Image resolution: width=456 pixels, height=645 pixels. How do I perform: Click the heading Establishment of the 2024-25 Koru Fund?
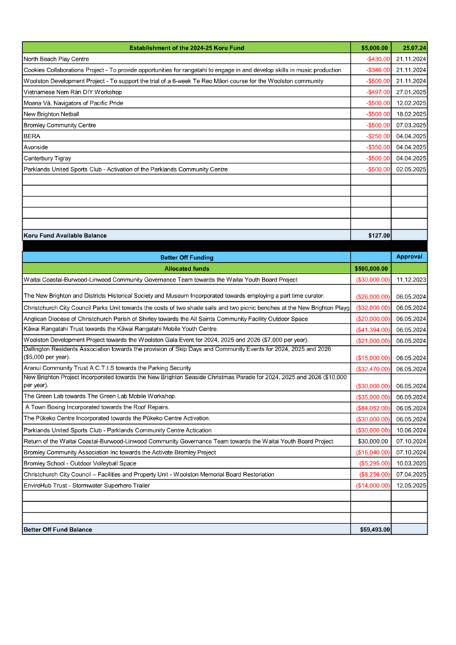(186, 48)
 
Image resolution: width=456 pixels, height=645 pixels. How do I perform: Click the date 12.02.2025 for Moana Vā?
(411, 103)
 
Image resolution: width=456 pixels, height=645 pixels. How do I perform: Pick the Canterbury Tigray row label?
(47, 158)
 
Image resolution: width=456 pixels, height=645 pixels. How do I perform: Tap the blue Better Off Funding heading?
(186, 257)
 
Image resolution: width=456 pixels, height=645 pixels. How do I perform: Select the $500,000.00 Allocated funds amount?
(371, 268)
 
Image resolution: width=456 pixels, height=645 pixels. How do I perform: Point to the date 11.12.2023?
(411, 280)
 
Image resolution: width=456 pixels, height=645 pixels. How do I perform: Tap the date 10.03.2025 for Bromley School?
(411, 463)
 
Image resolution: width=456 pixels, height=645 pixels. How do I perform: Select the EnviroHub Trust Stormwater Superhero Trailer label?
(86, 486)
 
